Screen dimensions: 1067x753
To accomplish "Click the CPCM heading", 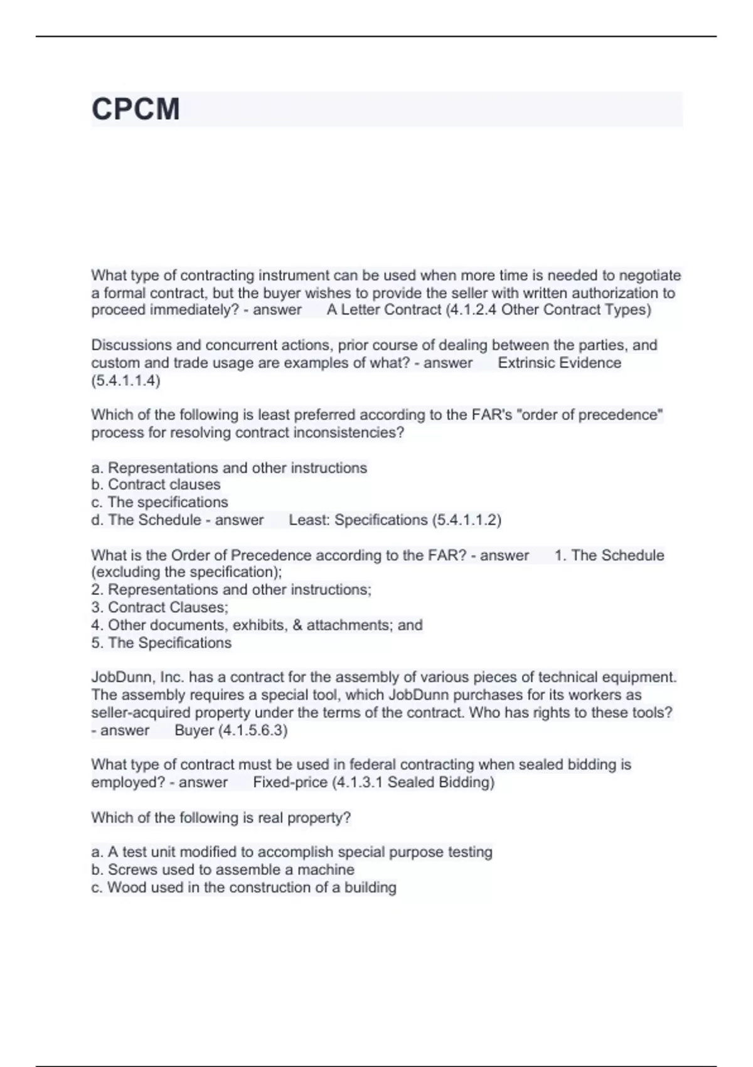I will [x=136, y=109].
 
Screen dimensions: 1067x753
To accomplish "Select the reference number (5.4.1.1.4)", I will [x=125, y=380].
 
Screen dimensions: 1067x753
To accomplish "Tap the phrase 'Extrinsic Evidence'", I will [x=559, y=363].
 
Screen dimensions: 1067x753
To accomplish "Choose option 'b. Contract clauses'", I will [x=156, y=485].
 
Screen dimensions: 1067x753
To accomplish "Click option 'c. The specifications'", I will [x=159, y=502].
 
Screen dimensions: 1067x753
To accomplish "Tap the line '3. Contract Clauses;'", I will [x=159, y=608].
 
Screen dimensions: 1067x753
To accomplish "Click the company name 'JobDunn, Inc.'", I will [x=137, y=677].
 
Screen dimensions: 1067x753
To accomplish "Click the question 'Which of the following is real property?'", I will [x=221, y=818].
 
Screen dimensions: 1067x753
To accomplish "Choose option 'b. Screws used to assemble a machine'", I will [x=222, y=870].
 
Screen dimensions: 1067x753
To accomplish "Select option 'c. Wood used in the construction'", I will [x=243, y=887].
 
